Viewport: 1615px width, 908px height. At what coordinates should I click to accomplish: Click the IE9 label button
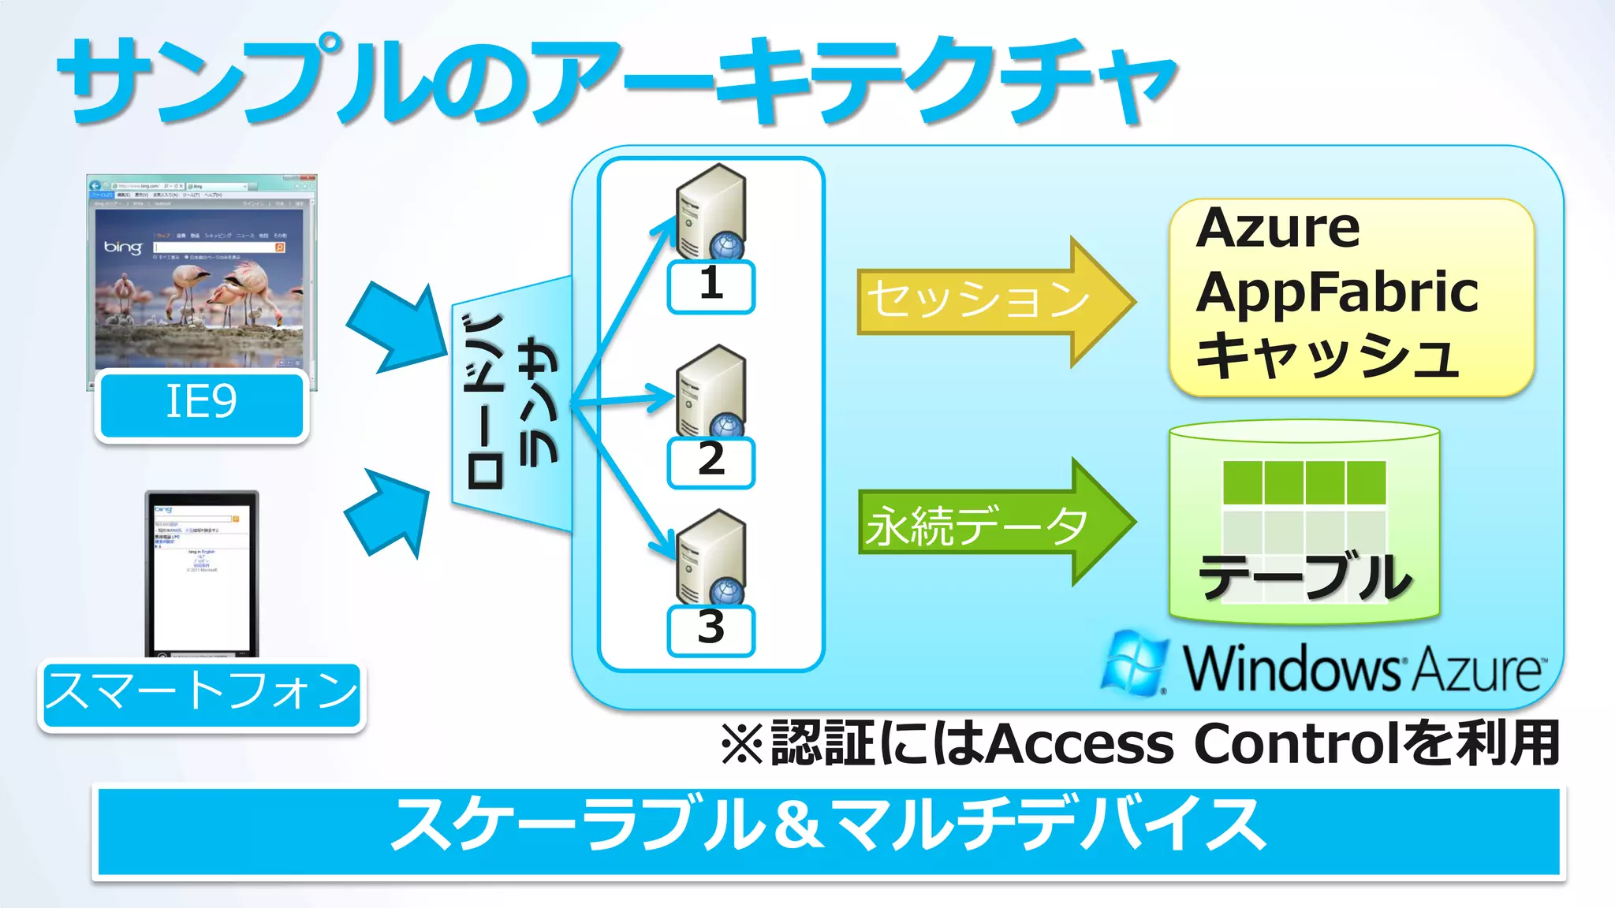(x=202, y=404)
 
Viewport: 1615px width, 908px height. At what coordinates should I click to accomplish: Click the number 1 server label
(x=711, y=285)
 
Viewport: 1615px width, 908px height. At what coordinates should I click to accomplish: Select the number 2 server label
(x=711, y=461)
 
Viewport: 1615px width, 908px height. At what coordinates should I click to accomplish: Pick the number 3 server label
(x=711, y=629)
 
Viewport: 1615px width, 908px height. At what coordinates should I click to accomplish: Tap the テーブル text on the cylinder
(x=1305, y=577)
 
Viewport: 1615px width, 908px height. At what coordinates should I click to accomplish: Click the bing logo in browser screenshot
(x=124, y=247)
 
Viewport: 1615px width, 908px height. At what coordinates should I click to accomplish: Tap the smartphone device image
(x=202, y=571)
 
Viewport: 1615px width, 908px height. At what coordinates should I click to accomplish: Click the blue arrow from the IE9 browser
(x=398, y=327)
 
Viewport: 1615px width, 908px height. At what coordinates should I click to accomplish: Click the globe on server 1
(x=725, y=246)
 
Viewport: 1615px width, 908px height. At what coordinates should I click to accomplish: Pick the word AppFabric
(x=1337, y=293)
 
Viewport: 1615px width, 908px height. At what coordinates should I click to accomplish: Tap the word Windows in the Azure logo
(x=1293, y=668)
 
